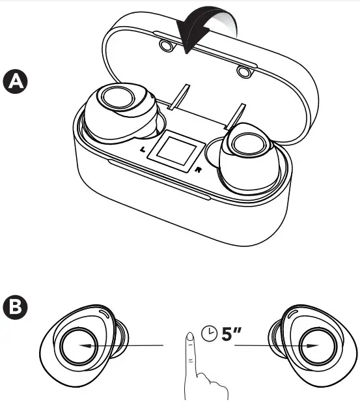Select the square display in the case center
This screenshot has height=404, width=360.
click(176, 149)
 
